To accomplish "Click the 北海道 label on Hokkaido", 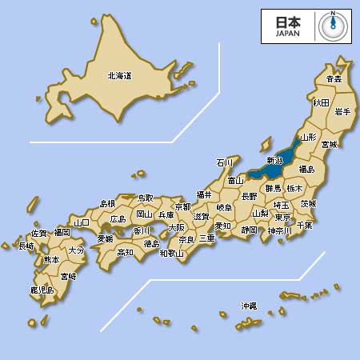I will [119, 77].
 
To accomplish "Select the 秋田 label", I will [321, 102].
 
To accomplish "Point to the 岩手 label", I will [342, 111].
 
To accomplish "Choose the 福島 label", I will [306, 170].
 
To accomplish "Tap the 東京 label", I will [282, 217].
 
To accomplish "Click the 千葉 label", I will [304, 226].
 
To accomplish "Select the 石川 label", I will [225, 162].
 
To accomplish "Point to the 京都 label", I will [182, 206].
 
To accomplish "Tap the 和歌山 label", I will [171, 254].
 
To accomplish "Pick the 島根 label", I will [107, 204].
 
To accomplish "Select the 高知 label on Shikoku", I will [126, 253].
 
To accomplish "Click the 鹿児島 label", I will [42, 290].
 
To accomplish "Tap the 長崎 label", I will [26, 246].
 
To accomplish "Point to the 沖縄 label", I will [249, 306].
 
